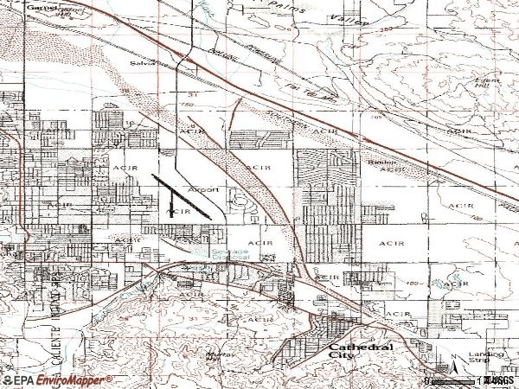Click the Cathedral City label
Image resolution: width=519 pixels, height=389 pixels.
coord(359,349)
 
